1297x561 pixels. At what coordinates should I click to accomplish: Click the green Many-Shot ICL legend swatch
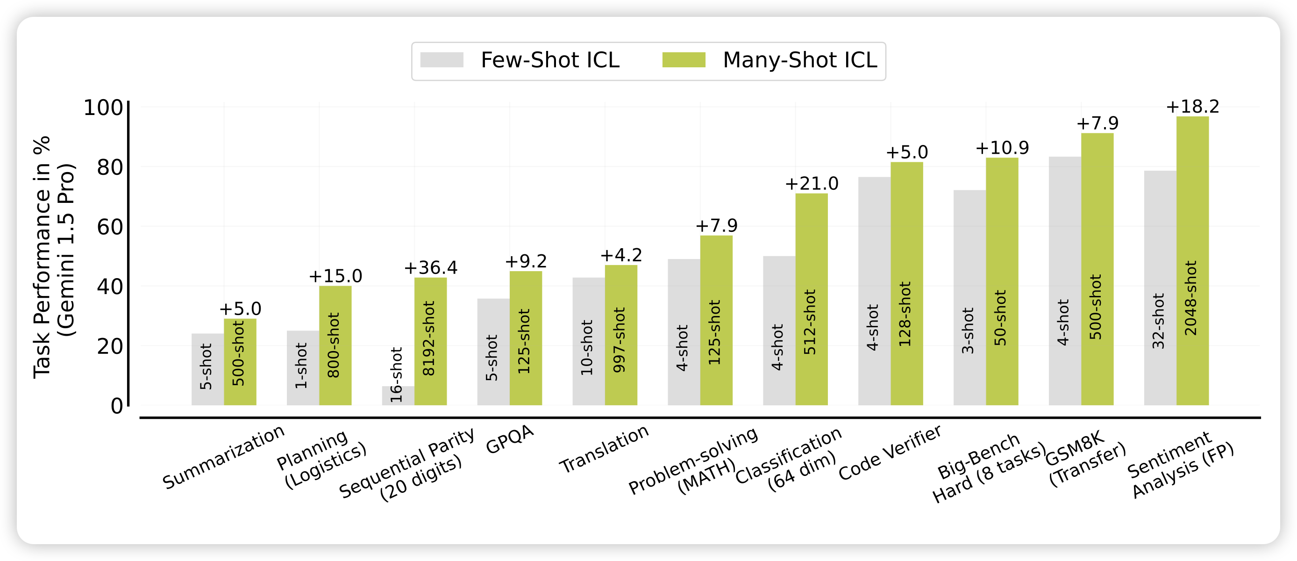click(x=683, y=60)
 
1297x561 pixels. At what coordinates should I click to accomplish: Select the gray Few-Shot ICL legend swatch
click(x=442, y=60)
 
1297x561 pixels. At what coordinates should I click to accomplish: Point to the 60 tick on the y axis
click(x=110, y=227)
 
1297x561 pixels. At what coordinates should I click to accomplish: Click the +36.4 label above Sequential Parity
click(x=430, y=268)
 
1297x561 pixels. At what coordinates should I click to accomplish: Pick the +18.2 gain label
click(x=1192, y=107)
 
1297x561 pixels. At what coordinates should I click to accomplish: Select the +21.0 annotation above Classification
click(x=812, y=184)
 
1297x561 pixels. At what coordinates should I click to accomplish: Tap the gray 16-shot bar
click(x=398, y=396)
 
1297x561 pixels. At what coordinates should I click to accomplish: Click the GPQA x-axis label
click(x=510, y=439)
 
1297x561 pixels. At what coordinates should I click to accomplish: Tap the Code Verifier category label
click(x=890, y=452)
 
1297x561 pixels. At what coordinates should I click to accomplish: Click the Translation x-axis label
click(x=604, y=449)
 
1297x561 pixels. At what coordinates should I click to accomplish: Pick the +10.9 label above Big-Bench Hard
click(x=1002, y=148)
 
